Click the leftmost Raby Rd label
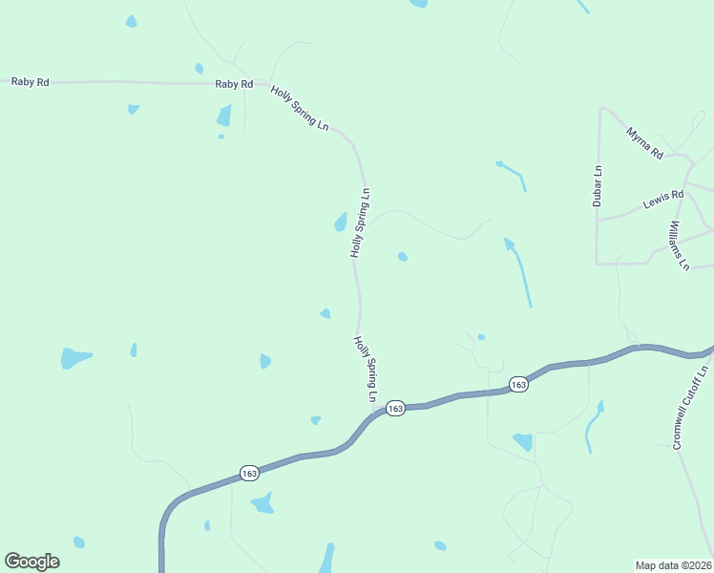click(x=30, y=82)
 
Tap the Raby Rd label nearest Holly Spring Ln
click(x=234, y=84)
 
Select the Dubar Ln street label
click(x=598, y=186)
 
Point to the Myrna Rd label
click(x=644, y=141)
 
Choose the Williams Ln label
click(x=679, y=244)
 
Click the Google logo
click(x=31, y=562)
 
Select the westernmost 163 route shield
click(x=249, y=473)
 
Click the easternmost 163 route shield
click(x=517, y=384)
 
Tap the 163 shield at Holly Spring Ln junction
click(x=396, y=408)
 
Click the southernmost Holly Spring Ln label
click(x=367, y=368)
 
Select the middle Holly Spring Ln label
click(x=360, y=223)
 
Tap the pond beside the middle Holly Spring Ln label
click(x=340, y=223)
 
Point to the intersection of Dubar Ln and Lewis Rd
click(x=598, y=220)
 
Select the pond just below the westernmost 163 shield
click(x=262, y=503)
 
